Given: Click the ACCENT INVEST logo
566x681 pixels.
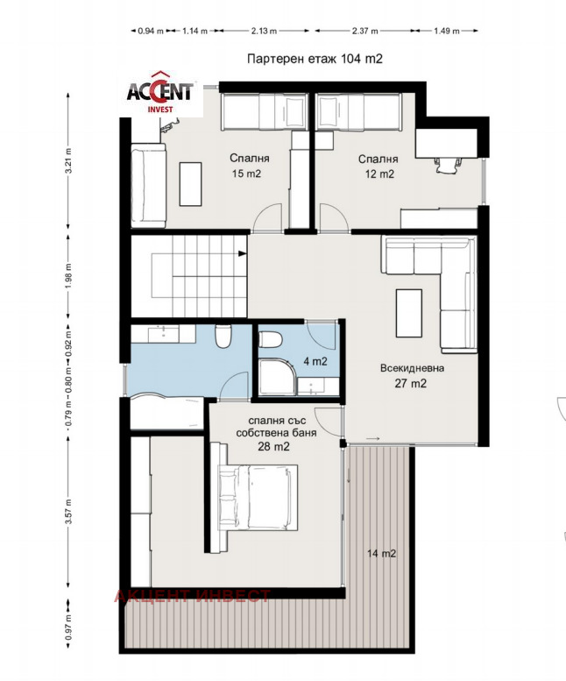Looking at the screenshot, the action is [159, 92].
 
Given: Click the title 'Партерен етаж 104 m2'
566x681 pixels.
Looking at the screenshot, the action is [315, 59].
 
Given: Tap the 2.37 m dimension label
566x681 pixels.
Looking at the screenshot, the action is [364, 31].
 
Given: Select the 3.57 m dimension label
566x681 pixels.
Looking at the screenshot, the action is [68, 512].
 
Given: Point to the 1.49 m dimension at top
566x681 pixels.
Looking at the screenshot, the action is [446, 31].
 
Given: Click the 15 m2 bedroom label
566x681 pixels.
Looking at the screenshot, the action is [246, 174].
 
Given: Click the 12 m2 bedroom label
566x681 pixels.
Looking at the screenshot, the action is [379, 174].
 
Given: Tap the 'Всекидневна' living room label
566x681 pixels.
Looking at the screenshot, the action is [412, 368].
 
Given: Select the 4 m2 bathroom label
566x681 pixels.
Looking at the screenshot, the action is [315, 361].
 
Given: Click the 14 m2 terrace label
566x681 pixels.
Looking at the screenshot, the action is [381, 553].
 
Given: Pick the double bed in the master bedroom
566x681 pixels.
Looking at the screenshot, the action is [258, 497].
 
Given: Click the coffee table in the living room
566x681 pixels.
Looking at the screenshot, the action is [409, 313].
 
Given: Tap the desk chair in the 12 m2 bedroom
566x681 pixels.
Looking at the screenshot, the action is [448, 165].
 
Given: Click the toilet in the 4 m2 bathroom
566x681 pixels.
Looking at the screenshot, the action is [270, 340].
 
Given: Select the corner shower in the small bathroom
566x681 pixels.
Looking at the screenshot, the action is [278, 377].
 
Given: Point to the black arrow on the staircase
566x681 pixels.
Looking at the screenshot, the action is [242, 253].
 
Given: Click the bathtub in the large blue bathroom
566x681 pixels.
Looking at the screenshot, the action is [167, 412].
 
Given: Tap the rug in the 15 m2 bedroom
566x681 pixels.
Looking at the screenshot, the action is [190, 184].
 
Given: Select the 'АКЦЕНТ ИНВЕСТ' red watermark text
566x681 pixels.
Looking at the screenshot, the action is [192, 596].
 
